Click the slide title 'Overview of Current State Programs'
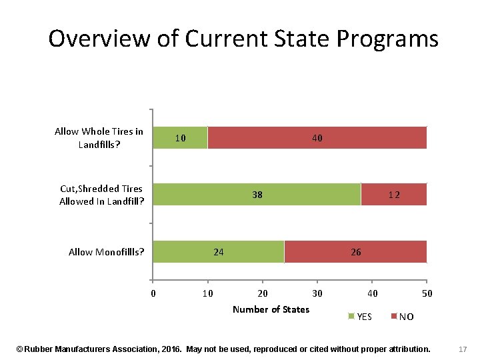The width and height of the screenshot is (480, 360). (243, 39)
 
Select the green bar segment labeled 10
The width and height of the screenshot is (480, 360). (180, 138)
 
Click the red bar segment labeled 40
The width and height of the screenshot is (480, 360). (317, 138)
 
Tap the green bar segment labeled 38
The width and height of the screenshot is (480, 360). (257, 195)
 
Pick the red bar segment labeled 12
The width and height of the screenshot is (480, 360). (393, 195)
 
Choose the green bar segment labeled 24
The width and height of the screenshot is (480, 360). (218, 252)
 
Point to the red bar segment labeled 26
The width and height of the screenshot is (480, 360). (355, 252)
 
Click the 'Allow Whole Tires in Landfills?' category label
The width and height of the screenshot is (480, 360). (99, 138)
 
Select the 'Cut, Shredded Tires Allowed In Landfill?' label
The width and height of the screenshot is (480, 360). (101, 195)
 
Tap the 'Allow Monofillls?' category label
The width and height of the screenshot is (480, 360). (107, 252)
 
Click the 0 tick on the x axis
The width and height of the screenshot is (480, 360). (153, 294)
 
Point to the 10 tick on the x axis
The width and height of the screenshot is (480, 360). (207, 294)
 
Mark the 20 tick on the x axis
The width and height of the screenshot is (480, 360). (263, 294)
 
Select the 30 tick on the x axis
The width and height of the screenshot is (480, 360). (317, 294)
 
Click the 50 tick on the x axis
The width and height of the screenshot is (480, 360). (427, 294)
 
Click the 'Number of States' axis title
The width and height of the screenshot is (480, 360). (271, 309)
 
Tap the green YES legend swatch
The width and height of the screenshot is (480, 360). (351, 316)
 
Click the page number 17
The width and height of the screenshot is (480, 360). (463, 349)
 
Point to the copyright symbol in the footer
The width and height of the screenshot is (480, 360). (19, 349)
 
